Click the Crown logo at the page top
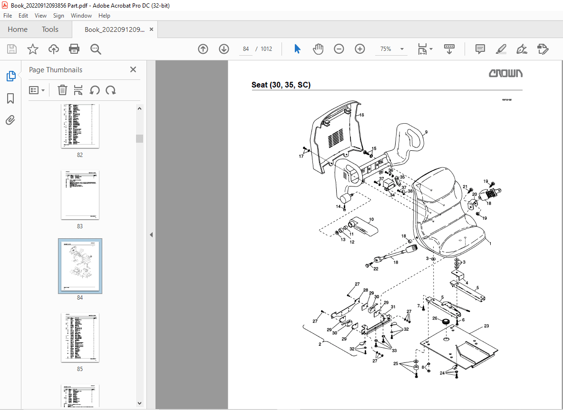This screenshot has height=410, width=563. pyautogui.click(x=506, y=73)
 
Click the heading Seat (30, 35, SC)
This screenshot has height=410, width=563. pyautogui.click(x=281, y=85)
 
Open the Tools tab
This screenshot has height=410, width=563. pyautogui.click(x=50, y=29)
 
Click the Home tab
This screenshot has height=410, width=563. pyautogui.click(x=18, y=29)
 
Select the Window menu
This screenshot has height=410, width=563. pyautogui.click(x=81, y=16)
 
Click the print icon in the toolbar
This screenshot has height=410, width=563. pyautogui.click(x=74, y=49)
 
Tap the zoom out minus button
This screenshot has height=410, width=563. pyautogui.click(x=339, y=49)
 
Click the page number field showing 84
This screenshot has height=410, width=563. pyautogui.click(x=246, y=49)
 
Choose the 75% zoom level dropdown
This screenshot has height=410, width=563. pyautogui.click(x=391, y=49)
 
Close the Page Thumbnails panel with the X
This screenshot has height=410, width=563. pyautogui.click(x=133, y=70)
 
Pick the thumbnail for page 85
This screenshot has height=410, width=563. pyautogui.click(x=80, y=337)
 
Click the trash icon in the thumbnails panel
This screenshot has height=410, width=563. pyautogui.click(x=62, y=90)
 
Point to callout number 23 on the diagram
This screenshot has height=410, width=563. pyautogui.click(x=486, y=326)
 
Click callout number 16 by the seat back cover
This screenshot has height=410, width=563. pyautogui.click(x=361, y=115)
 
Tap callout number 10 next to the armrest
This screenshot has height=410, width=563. pyautogui.click(x=371, y=219)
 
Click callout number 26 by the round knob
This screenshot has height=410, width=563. pyautogui.click(x=435, y=319)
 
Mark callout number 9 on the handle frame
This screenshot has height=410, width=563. pyautogui.click(x=426, y=132)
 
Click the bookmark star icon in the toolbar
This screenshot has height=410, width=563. pyautogui.click(x=32, y=49)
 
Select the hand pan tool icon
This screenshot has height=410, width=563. pyautogui.click(x=318, y=49)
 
